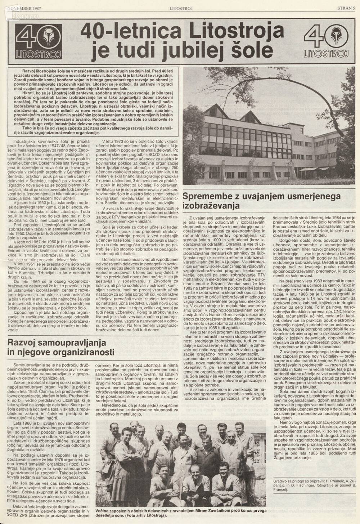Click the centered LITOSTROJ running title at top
coord(179,5)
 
